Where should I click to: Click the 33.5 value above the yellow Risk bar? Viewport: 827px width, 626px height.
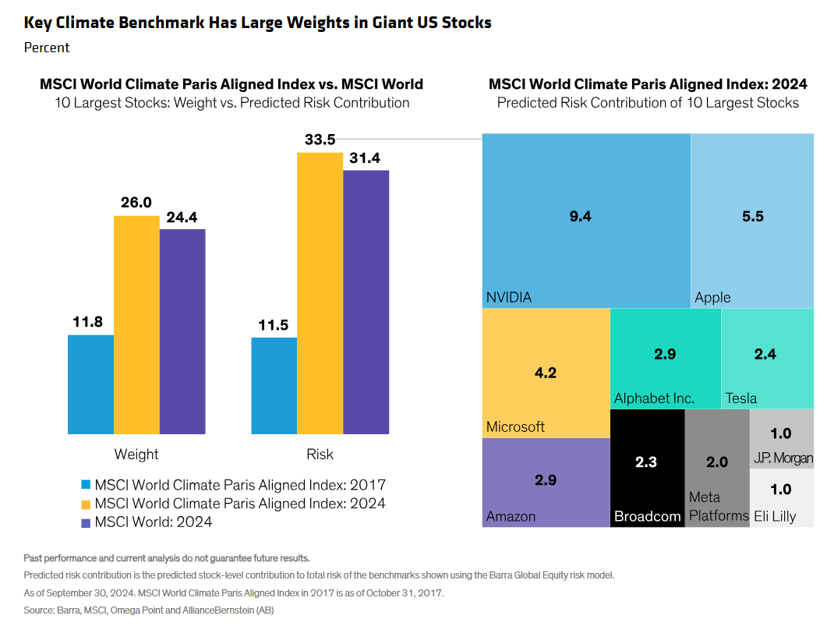click(320, 140)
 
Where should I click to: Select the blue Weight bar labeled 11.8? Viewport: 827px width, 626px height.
click(90, 384)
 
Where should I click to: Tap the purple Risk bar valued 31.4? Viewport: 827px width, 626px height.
click(366, 302)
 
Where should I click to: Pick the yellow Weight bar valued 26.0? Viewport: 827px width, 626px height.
click(136, 324)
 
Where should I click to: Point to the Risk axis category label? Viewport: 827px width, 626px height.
click(320, 454)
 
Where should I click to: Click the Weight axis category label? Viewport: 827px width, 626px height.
click(136, 454)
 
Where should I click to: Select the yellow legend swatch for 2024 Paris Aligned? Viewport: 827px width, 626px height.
click(87, 504)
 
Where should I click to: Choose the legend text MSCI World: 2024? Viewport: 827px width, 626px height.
click(153, 522)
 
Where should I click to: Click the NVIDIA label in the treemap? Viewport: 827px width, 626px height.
click(509, 297)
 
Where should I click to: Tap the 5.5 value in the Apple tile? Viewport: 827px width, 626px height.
click(752, 217)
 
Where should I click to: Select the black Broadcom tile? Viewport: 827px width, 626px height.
click(646, 468)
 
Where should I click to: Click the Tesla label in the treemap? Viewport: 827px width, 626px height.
click(740, 398)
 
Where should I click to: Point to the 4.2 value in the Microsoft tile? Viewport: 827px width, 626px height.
click(545, 373)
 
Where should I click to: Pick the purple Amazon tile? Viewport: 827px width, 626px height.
click(545, 482)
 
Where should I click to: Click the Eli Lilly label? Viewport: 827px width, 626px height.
click(775, 516)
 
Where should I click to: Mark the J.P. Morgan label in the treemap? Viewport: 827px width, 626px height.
click(783, 458)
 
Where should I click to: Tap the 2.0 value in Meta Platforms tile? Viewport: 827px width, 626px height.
click(716, 462)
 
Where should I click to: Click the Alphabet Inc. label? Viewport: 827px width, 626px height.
click(654, 398)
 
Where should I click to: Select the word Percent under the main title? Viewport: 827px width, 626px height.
click(47, 48)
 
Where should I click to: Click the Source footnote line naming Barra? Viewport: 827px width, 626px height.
click(148, 610)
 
